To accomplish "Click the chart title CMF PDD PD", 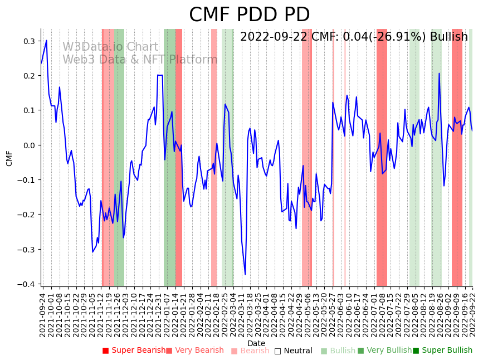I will (x=249, y=15).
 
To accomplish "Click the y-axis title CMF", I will (x=9, y=158).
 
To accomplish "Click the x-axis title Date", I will (x=256, y=343).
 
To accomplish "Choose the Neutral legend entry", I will (x=297, y=351).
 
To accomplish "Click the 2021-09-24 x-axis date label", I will (x=42, y=315).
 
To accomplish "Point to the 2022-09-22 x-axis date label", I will (x=473, y=315).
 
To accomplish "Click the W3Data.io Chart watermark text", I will (x=110, y=47).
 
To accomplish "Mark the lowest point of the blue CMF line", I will (x=245, y=274).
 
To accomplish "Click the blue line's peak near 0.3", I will (x=46, y=40).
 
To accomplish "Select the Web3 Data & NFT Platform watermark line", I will (x=140, y=60).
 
